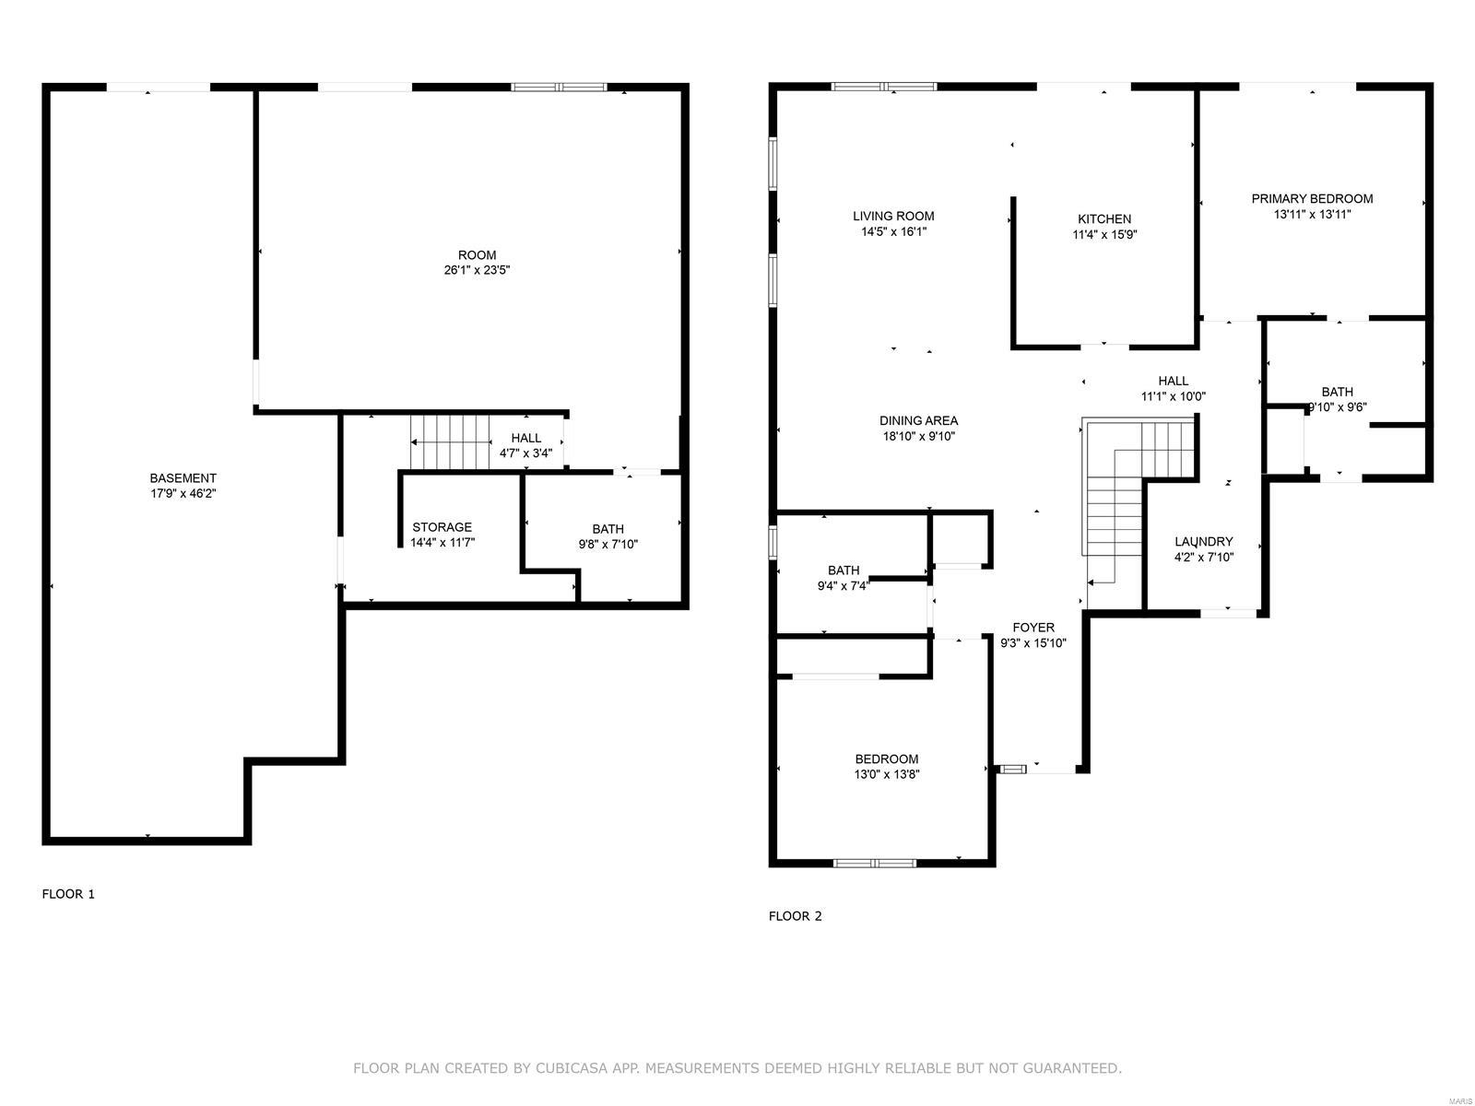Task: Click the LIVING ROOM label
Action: click(x=893, y=217)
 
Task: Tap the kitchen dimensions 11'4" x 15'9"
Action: click(x=1104, y=234)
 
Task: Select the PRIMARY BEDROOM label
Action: click(x=1312, y=199)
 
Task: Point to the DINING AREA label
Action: click(x=918, y=420)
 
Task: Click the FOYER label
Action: click(x=1033, y=628)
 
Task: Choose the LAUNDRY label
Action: click(x=1204, y=541)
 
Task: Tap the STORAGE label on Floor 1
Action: click(x=442, y=527)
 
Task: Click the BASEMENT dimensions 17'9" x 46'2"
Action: click(x=183, y=494)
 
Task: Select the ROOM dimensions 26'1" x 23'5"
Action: click(x=478, y=270)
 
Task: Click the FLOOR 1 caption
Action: click(x=68, y=894)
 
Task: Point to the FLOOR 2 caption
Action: click(x=795, y=916)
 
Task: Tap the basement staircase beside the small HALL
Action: click(x=450, y=441)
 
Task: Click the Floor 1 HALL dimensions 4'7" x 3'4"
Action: click(x=525, y=453)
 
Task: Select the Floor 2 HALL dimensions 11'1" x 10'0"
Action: click(x=1174, y=396)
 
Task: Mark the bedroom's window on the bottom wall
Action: click(x=874, y=863)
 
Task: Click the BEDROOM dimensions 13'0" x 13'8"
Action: click(x=886, y=774)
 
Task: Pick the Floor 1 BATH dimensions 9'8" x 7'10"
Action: click(x=608, y=545)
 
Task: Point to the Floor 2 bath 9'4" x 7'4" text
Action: click(x=844, y=585)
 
